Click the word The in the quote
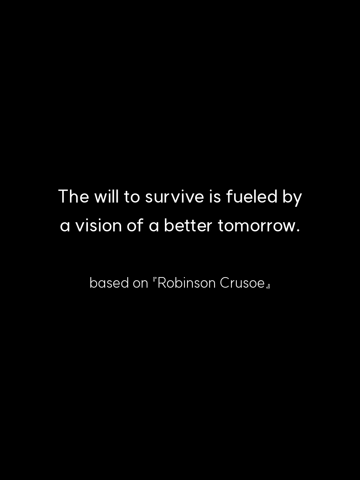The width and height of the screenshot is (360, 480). pos(74,196)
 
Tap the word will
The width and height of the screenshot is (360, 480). pos(107,196)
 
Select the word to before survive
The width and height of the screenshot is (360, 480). pos(132,197)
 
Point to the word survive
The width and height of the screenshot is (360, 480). pos(174,198)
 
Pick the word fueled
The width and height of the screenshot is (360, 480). pos(252,196)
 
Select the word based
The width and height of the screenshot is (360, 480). pos(109,283)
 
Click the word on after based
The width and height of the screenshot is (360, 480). pos(141,284)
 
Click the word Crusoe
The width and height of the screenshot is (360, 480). pos(242,283)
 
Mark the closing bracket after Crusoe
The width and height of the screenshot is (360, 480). pos(269,286)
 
